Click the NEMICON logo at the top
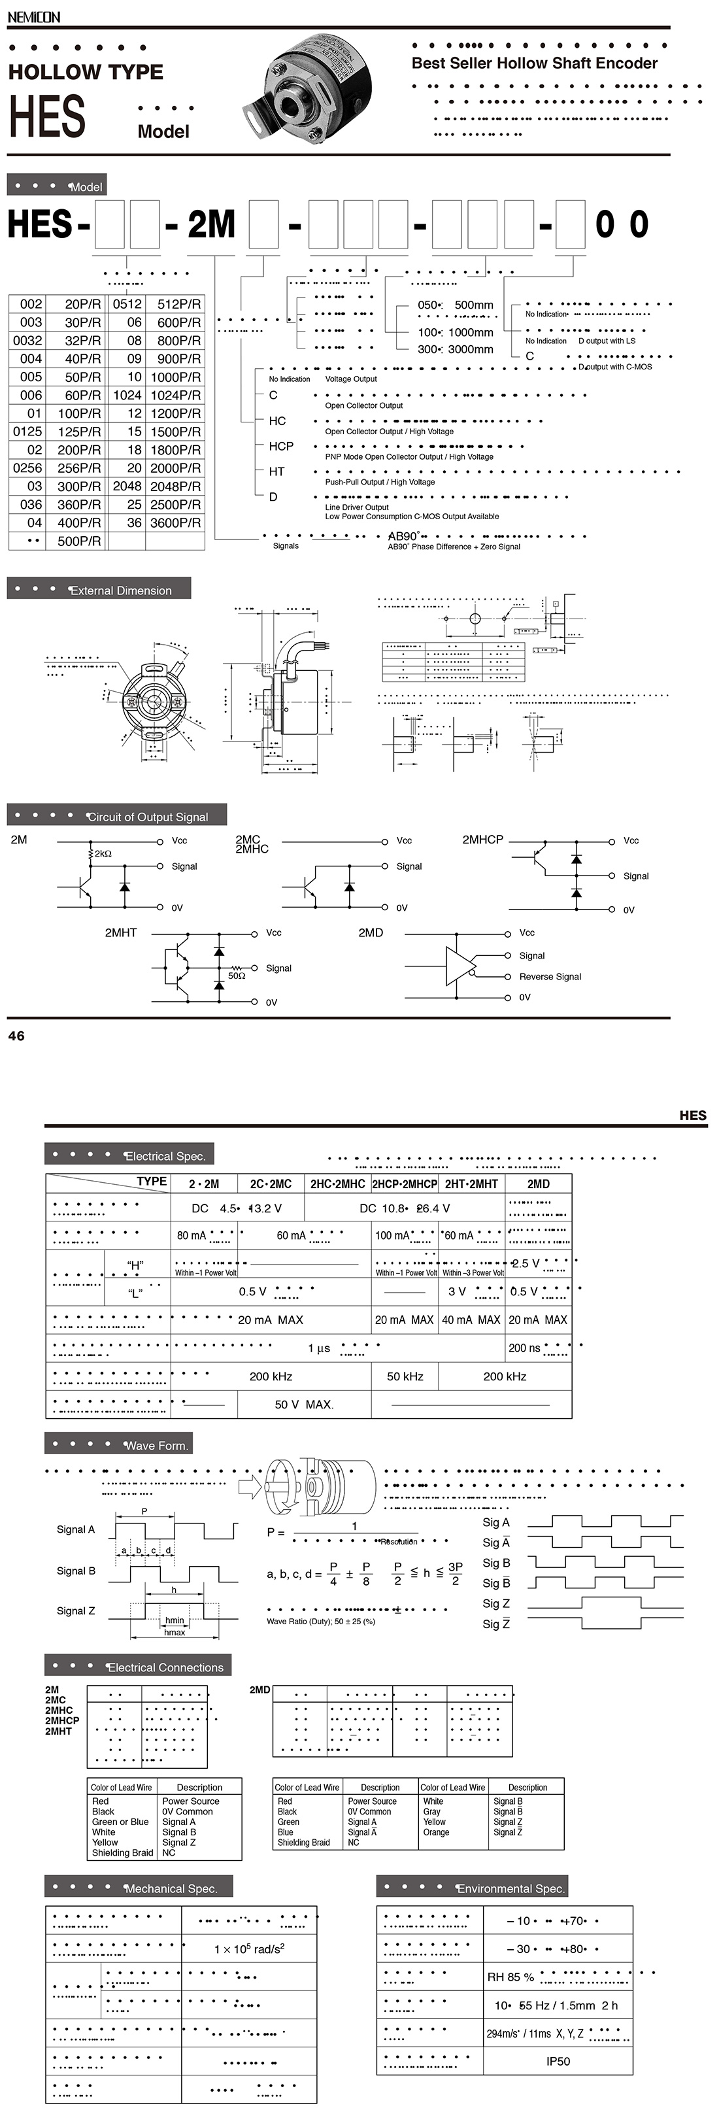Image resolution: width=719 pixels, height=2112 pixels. click(x=33, y=16)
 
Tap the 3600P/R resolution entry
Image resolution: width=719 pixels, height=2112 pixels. click(x=175, y=522)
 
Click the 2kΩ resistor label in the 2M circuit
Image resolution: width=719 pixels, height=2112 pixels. click(x=103, y=853)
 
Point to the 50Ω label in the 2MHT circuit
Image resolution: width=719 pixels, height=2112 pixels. click(x=236, y=976)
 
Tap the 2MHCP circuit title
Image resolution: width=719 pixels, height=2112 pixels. click(x=482, y=840)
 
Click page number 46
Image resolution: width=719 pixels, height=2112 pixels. click(x=16, y=1036)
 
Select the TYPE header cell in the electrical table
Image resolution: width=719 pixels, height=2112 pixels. click(x=151, y=1182)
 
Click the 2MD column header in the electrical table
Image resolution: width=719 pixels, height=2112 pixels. click(x=538, y=1184)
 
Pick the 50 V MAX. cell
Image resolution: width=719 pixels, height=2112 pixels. click(x=303, y=1405)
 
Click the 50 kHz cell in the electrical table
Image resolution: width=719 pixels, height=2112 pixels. click(x=405, y=1376)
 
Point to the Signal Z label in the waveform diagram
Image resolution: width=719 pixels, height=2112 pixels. click(x=75, y=1611)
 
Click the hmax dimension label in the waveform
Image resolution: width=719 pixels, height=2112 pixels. click(x=174, y=1632)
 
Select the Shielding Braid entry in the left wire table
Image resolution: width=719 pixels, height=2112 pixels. click(x=122, y=1852)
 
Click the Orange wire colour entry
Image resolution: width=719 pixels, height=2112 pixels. click(x=435, y=1831)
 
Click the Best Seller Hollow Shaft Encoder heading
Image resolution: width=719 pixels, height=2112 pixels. click(x=534, y=63)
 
